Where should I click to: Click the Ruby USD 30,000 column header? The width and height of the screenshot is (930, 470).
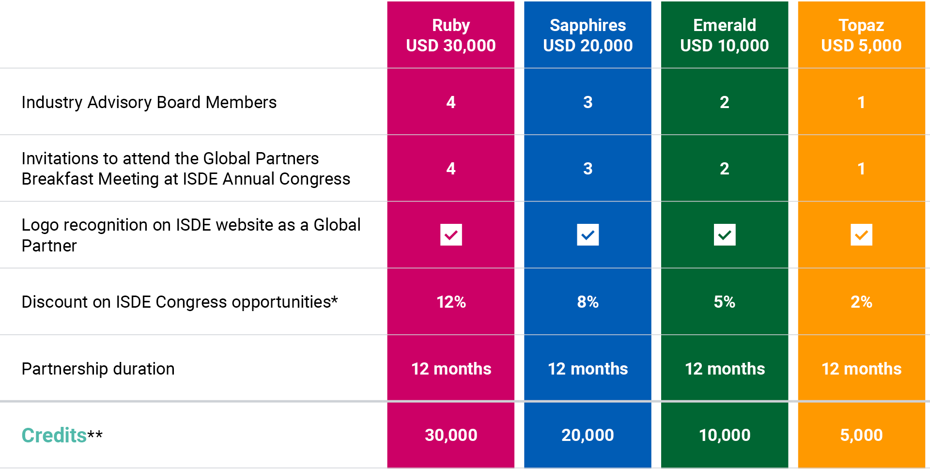click(450, 35)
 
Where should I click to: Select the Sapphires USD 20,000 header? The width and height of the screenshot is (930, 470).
click(588, 35)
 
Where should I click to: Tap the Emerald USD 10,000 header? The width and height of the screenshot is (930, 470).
click(724, 35)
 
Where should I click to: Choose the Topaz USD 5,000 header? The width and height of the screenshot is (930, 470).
click(861, 35)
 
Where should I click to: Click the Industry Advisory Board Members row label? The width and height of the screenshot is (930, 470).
click(149, 102)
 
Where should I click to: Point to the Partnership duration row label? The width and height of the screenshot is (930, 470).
click(98, 369)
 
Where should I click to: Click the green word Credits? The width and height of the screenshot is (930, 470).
click(54, 435)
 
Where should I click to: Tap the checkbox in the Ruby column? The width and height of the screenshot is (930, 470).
click(451, 235)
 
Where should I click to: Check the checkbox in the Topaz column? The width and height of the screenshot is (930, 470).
click(861, 235)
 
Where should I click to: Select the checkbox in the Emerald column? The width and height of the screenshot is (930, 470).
click(725, 235)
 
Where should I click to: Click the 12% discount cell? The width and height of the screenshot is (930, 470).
click(451, 302)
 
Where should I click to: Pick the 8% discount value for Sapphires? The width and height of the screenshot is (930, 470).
click(588, 302)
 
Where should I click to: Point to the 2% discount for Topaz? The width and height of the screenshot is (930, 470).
click(861, 302)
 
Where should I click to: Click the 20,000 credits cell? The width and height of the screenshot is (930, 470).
click(588, 435)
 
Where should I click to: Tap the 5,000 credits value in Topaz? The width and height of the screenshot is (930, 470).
click(861, 435)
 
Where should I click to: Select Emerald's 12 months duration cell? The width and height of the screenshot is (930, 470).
click(725, 369)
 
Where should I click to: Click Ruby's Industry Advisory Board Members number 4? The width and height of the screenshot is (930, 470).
click(451, 102)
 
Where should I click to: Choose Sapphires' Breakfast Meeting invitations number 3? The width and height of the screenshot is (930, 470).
click(588, 169)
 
